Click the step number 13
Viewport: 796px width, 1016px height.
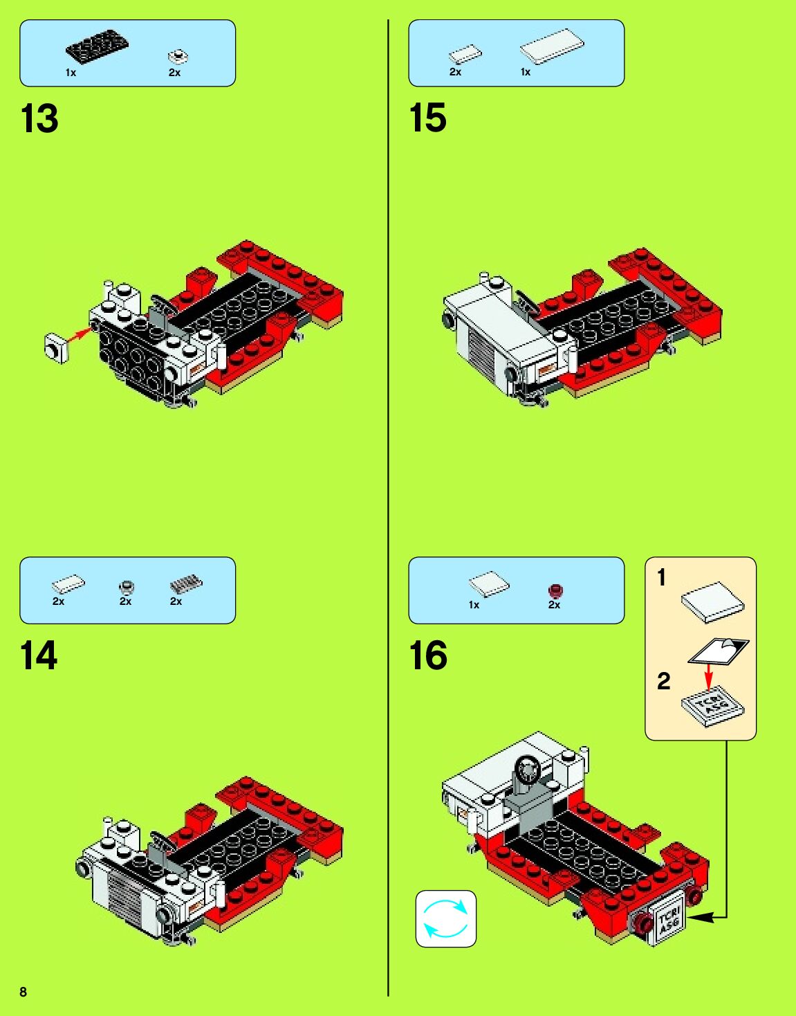pos(39,119)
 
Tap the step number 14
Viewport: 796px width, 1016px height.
pos(39,656)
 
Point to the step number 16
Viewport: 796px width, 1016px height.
pos(428,655)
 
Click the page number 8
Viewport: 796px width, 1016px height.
pos(24,992)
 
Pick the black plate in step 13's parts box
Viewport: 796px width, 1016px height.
pos(97,46)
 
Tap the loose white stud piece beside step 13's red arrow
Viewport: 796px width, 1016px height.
pos(57,348)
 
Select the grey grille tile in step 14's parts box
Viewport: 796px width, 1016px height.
pos(187,584)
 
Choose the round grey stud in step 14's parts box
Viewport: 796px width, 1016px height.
pos(127,586)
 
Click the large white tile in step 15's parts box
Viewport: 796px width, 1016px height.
pos(552,47)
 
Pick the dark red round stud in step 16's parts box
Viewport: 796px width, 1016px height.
pos(555,591)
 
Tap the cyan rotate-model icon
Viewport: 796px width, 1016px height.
pos(446,918)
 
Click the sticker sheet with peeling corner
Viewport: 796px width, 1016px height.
pos(719,651)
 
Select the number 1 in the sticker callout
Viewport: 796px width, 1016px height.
pos(661,577)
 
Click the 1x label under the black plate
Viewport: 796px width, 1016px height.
pos(71,73)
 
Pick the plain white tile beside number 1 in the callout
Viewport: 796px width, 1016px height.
pos(713,602)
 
